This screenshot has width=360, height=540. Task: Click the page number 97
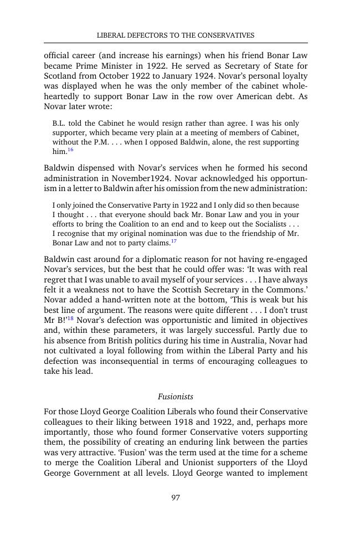click(176, 497)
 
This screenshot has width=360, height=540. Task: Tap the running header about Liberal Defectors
click(176, 35)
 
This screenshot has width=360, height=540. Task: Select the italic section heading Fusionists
click(176, 397)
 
